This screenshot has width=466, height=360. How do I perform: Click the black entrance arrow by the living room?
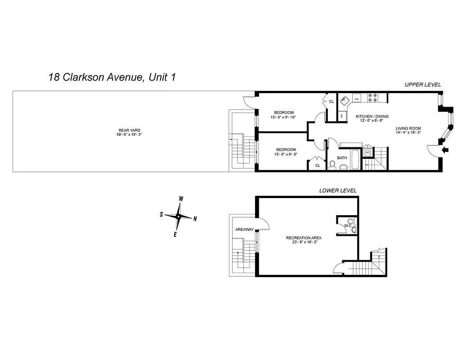pyautogui.click(x=445, y=151)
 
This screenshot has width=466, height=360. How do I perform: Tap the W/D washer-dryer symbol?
pyautogui.click(x=367, y=153)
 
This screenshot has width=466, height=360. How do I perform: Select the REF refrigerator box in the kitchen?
pyautogui.click(x=342, y=116)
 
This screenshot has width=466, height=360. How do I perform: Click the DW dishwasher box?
pyautogui.click(x=356, y=99)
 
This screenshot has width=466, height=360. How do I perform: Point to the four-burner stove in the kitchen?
pyautogui.click(x=373, y=96)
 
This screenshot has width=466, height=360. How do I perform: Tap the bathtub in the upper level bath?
pyautogui.click(x=355, y=160)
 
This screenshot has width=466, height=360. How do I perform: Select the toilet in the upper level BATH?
pyautogui.click(x=343, y=166)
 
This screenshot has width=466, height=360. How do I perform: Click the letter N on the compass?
pyautogui.click(x=195, y=219)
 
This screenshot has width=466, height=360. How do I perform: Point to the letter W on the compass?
pyautogui.click(x=181, y=198)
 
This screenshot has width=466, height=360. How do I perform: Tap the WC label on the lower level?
pyautogui.click(x=347, y=225)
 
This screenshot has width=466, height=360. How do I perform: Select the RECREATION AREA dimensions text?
pyautogui.click(x=305, y=243)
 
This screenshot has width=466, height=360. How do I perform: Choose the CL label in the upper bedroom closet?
pyautogui.click(x=332, y=102)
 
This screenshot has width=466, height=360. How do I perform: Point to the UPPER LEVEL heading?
pyautogui.click(x=422, y=85)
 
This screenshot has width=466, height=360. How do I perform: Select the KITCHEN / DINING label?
pyautogui.click(x=372, y=116)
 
